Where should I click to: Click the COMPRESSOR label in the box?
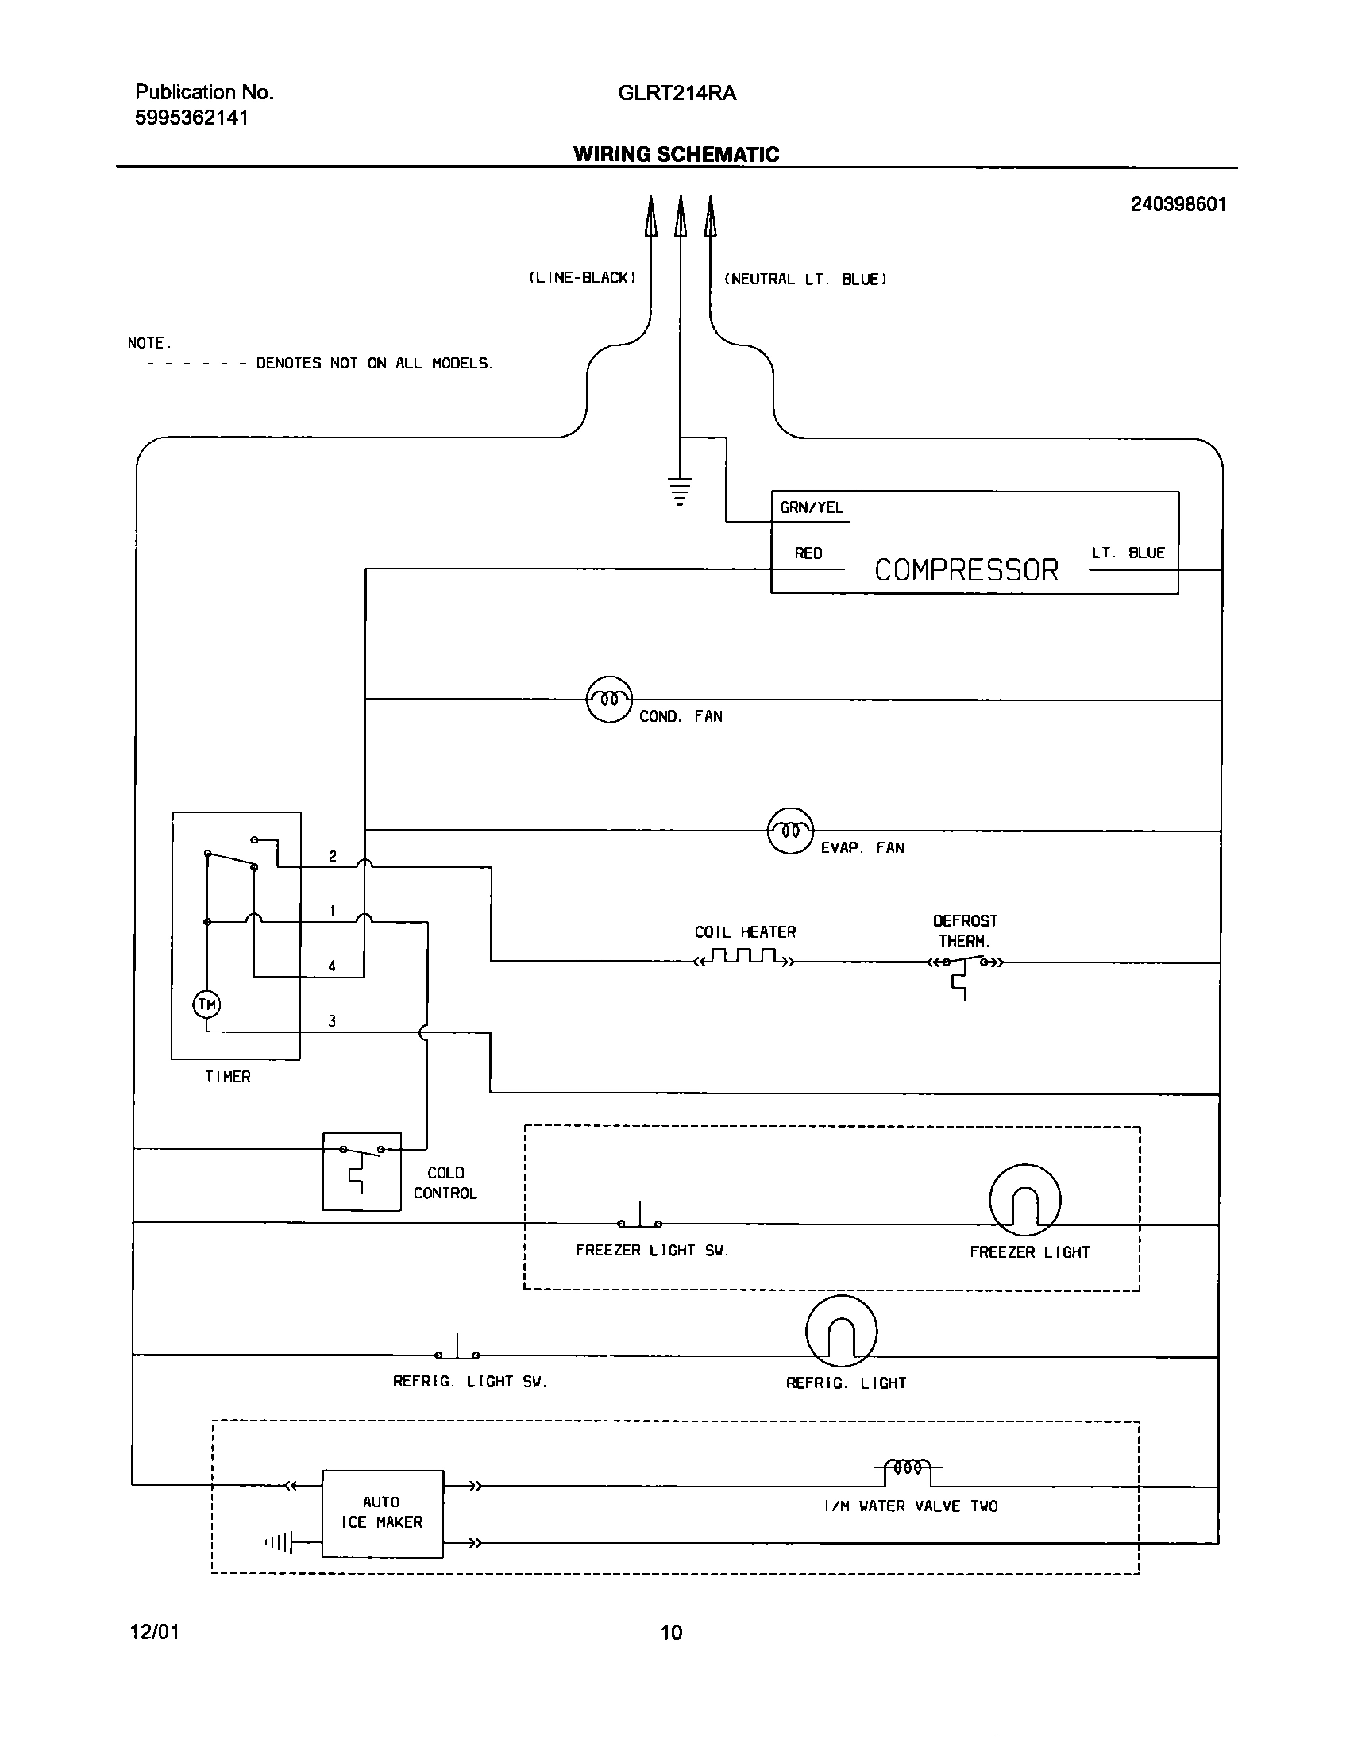tap(966, 570)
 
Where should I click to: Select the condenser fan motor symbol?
tap(609, 700)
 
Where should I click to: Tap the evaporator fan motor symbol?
tap(790, 831)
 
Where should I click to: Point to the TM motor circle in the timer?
tap(207, 1004)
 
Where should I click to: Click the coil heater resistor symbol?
tap(745, 958)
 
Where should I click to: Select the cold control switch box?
tap(361, 1171)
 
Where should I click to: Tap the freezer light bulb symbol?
tap(1024, 1201)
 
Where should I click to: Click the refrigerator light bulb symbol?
tap(841, 1331)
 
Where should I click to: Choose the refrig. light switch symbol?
tap(457, 1351)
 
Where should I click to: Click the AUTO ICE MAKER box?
tap(382, 1513)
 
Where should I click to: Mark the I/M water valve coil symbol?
tap(908, 1467)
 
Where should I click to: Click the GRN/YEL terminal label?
tap(811, 508)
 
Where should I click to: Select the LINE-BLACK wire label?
tap(582, 278)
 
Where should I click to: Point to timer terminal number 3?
tap(332, 1020)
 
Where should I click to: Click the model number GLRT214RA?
tap(677, 93)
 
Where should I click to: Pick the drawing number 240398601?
tap(1177, 204)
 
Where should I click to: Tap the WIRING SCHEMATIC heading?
tap(676, 154)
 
